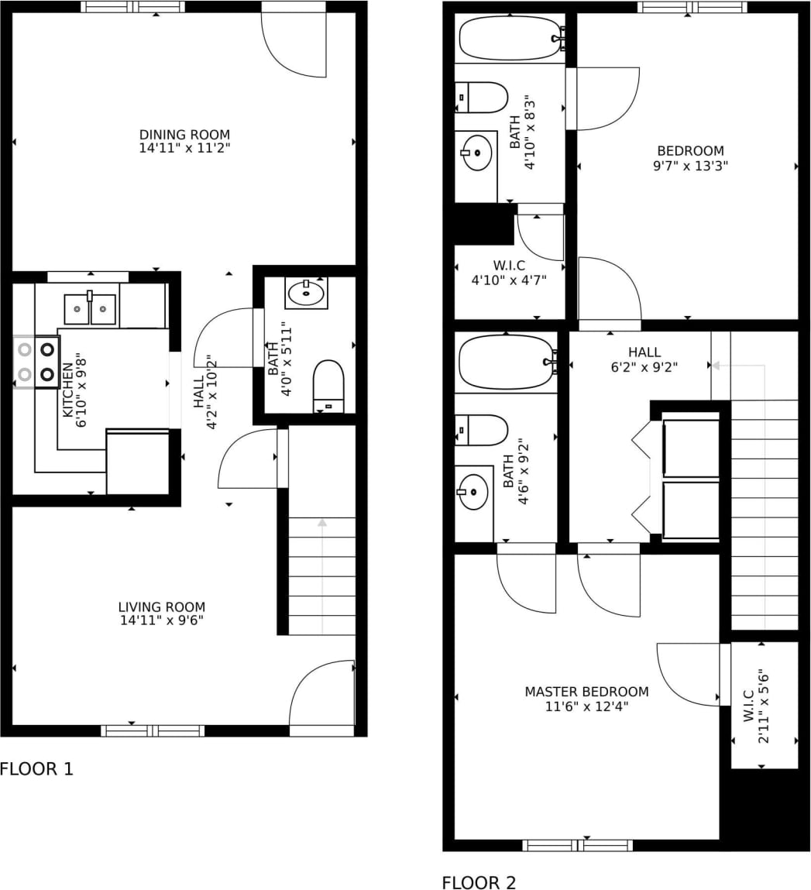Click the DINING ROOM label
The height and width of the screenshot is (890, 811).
point(184,135)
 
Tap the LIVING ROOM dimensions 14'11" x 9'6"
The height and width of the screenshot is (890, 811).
point(162,620)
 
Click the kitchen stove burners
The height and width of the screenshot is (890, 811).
point(36,362)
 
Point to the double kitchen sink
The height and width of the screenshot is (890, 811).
point(90,310)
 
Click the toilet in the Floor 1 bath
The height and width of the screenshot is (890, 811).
point(328,385)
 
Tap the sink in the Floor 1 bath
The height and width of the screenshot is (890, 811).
point(306,293)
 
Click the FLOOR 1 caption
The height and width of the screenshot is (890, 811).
point(36,769)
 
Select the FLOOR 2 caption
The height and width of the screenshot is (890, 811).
point(478,882)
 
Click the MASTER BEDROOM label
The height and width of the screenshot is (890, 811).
point(586,692)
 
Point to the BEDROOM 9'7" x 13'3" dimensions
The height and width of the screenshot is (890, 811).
point(690,165)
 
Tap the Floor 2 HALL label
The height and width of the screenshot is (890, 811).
point(644,352)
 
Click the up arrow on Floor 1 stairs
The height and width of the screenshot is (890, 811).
point(322,524)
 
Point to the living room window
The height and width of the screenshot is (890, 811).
point(153,730)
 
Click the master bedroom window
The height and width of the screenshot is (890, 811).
point(577,845)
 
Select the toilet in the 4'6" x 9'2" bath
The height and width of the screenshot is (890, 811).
point(483,430)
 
